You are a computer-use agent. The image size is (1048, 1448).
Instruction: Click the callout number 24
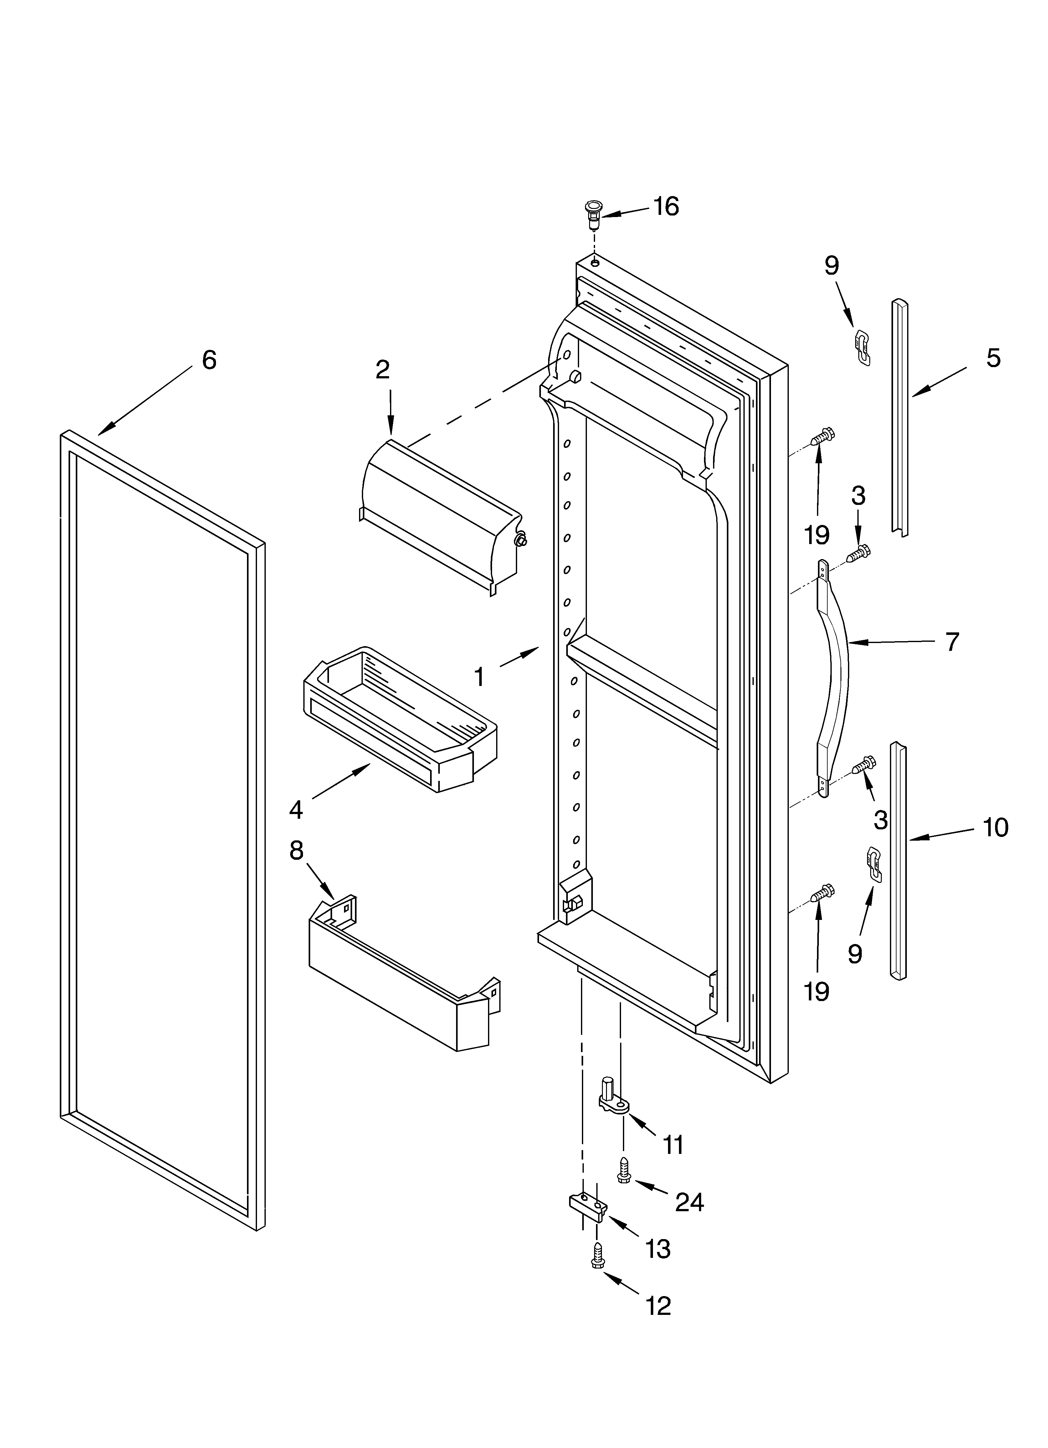tap(689, 1202)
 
